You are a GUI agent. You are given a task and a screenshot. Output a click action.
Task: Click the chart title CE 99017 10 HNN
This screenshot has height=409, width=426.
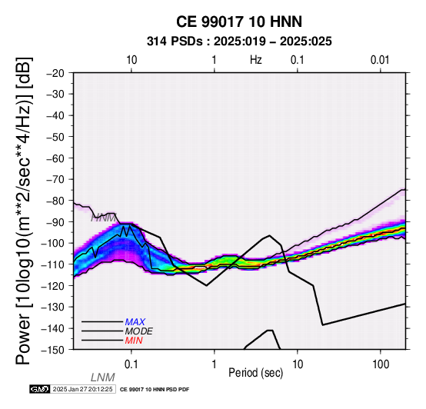[x=239, y=22]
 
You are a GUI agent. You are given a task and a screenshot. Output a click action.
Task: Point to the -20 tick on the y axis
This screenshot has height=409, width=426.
[x=55, y=73]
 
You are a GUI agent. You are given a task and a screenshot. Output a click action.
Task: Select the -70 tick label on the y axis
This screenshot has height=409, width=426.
[x=55, y=180]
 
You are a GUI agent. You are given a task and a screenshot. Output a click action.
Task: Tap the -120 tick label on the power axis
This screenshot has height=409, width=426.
[x=52, y=286]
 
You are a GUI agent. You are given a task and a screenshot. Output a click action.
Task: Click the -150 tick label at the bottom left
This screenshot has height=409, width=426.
[x=52, y=350]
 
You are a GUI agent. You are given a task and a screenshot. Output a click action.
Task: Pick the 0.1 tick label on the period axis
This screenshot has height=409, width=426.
[x=131, y=364]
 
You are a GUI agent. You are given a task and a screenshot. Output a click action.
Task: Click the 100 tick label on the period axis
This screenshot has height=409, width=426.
[x=381, y=364]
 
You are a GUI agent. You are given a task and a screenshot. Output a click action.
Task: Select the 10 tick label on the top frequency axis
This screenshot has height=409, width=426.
[x=131, y=60]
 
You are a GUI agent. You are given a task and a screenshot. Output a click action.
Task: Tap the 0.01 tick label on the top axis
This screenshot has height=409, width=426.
[x=380, y=60]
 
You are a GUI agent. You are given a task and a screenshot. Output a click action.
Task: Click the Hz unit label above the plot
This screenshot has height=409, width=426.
[x=255, y=60]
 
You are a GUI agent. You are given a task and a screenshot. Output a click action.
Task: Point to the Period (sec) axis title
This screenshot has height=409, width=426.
[x=255, y=373]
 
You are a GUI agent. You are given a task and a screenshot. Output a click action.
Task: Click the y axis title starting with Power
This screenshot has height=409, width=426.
[x=24, y=211]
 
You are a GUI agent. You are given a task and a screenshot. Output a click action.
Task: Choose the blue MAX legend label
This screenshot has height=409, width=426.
[x=135, y=322]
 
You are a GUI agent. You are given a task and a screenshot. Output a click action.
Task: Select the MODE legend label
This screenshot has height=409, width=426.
[x=139, y=331]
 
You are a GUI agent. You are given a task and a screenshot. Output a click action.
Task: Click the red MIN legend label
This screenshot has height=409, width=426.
[x=134, y=341]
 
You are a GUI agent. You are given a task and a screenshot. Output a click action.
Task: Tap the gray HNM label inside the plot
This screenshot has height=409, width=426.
[x=104, y=218]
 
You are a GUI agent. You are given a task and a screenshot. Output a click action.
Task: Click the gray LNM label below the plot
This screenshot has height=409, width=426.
[x=103, y=377]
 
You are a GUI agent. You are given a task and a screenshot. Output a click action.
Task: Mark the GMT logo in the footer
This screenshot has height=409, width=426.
[x=40, y=389]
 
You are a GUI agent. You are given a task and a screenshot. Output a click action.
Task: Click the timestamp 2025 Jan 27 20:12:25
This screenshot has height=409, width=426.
[x=82, y=389]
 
